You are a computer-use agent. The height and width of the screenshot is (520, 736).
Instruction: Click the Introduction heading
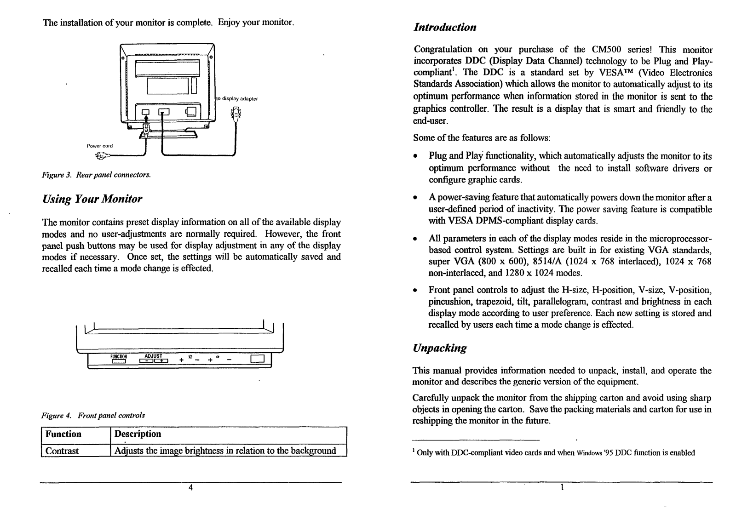coord(445,28)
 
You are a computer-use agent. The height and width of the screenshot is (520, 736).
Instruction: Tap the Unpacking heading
coord(440,348)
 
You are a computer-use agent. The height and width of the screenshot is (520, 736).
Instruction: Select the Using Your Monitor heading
coord(92,200)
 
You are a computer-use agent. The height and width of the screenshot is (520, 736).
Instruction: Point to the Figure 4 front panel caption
coord(93,416)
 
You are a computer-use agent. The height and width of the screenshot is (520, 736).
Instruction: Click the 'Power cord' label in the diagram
coord(100,146)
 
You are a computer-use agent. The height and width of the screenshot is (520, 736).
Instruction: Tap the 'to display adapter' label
coord(237,98)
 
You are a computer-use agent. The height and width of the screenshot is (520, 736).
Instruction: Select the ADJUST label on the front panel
coord(153,355)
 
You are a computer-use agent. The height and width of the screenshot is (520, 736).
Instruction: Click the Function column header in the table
coord(63,434)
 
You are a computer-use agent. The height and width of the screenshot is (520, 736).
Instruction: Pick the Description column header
coord(138,434)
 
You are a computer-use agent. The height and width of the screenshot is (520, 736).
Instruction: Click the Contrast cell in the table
coord(62,451)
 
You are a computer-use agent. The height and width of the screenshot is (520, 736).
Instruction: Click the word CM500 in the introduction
coord(602,50)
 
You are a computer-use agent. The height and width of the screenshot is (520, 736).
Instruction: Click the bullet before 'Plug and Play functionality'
coord(415,157)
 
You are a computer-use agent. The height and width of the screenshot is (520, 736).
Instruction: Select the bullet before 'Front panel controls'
coord(415,291)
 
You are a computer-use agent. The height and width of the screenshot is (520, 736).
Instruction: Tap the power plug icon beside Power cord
coord(102,156)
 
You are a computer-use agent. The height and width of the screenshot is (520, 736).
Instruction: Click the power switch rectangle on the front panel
coord(258,359)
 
